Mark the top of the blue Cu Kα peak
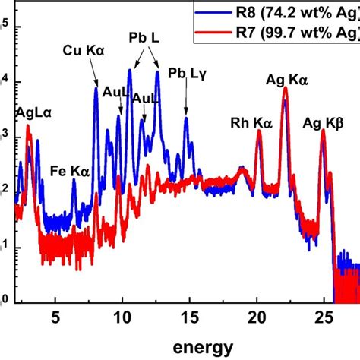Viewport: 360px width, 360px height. pos(96,88)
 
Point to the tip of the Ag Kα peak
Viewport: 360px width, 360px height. pos(286,88)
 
